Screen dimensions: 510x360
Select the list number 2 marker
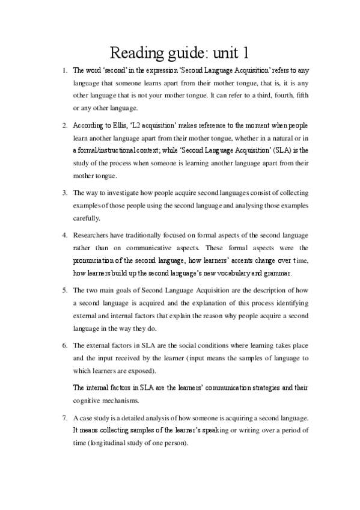pyautogui.click(x=65, y=126)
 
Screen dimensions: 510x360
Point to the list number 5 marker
pyautogui.click(x=65, y=289)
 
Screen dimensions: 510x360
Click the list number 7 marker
pyautogui.click(x=65, y=417)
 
